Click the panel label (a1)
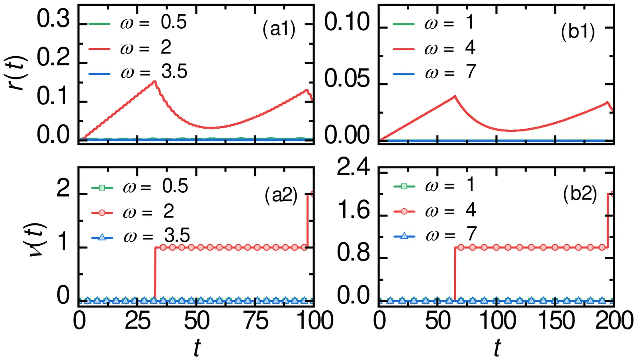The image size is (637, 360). pyautogui.click(x=279, y=29)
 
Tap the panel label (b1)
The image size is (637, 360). pyautogui.click(x=578, y=32)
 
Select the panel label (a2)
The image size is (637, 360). pyautogui.click(x=281, y=196)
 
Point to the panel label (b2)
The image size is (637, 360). pyautogui.click(x=580, y=195)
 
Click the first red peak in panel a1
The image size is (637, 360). pyautogui.click(x=155, y=81)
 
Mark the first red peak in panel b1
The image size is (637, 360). pyautogui.click(x=455, y=96)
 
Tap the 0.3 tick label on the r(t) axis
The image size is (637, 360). pyautogui.click(x=53, y=20)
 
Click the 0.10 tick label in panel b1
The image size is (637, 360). pyautogui.click(x=347, y=23)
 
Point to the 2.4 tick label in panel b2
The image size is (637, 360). pyautogui.click(x=353, y=169)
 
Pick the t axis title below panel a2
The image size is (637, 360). pyautogui.click(x=197, y=347)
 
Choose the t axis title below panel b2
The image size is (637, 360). pyautogui.click(x=497, y=347)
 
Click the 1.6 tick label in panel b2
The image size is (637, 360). pyautogui.click(x=353, y=211)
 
